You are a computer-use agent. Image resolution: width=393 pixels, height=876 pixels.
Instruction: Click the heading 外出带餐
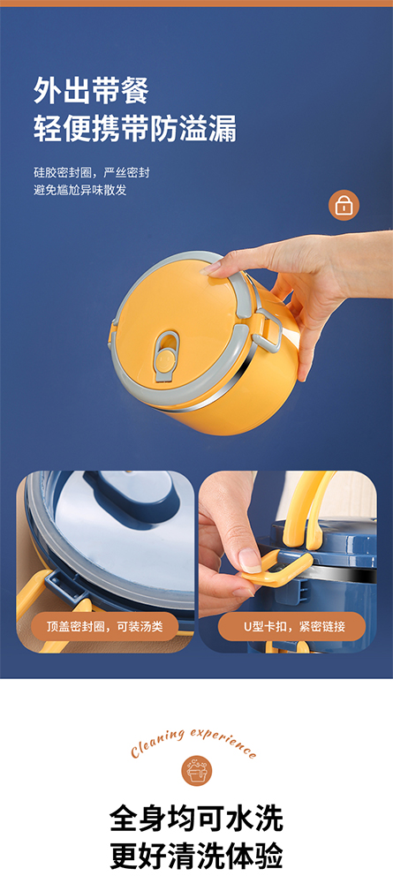click(x=91, y=90)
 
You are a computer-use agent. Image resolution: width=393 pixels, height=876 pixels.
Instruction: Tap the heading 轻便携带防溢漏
click(x=135, y=129)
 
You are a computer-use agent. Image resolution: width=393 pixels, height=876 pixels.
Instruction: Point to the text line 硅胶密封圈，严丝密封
click(x=92, y=172)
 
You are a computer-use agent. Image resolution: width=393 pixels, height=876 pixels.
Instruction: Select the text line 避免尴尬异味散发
click(x=80, y=190)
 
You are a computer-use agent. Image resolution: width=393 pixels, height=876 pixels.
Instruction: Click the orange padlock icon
click(x=344, y=206)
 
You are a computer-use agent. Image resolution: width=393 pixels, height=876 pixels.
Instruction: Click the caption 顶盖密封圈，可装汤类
click(x=104, y=626)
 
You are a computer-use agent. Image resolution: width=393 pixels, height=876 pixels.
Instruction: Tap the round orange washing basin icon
click(x=196, y=770)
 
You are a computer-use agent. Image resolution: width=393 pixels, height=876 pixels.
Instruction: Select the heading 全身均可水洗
click(x=196, y=819)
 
